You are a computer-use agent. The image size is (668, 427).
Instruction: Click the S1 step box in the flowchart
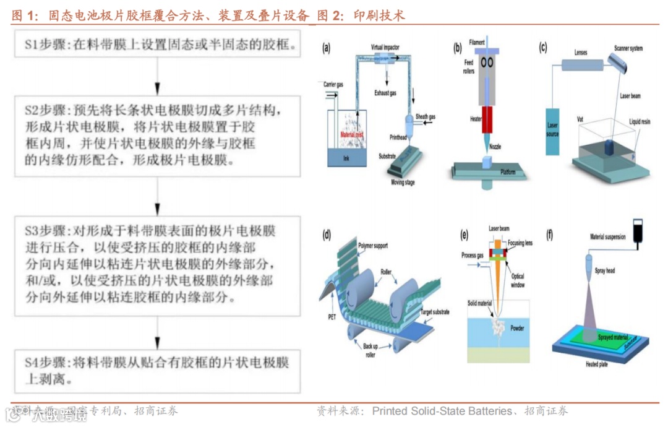tap(158, 45)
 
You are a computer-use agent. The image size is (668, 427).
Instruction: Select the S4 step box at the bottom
tap(158, 371)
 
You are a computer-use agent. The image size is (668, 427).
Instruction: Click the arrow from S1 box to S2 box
tap(158, 77)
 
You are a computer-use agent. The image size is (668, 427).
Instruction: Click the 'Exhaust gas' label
tap(385, 93)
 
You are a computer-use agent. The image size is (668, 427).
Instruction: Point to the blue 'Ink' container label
tap(346, 158)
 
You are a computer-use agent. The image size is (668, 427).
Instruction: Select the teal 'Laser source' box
tap(552, 131)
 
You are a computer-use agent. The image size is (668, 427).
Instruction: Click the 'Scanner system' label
tap(628, 48)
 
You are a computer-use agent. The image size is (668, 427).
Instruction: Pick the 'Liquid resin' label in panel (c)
tap(640, 122)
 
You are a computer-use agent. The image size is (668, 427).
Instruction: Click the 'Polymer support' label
tap(373, 246)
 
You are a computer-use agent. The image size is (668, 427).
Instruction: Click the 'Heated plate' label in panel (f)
tap(596, 364)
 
